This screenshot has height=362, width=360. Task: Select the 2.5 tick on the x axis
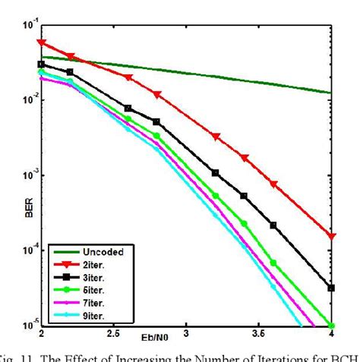(x=114, y=334)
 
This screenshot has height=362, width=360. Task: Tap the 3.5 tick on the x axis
(x=259, y=334)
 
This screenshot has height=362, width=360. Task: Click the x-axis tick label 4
(x=331, y=334)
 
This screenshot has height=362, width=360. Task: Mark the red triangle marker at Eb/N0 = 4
(x=331, y=237)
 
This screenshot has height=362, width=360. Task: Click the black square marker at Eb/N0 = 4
(x=331, y=288)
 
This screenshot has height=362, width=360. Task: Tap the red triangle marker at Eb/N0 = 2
(x=42, y=43)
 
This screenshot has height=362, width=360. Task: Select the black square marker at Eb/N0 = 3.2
(x=215, y=173)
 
